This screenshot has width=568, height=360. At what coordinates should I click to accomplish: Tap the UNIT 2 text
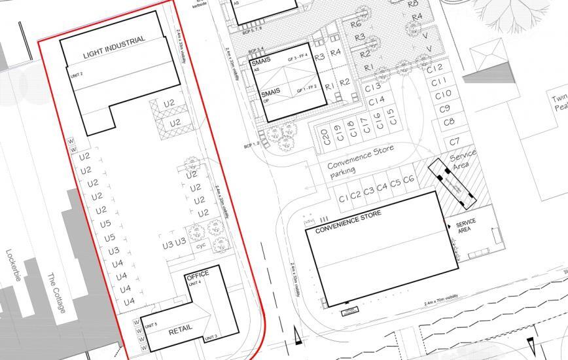tap(77, 74)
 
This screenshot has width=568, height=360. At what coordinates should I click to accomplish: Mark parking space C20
tap(324, 138)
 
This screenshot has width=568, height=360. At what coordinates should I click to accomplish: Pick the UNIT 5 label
tap(152, 325)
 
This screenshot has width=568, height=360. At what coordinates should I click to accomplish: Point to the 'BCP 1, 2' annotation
tap(252, 143)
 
